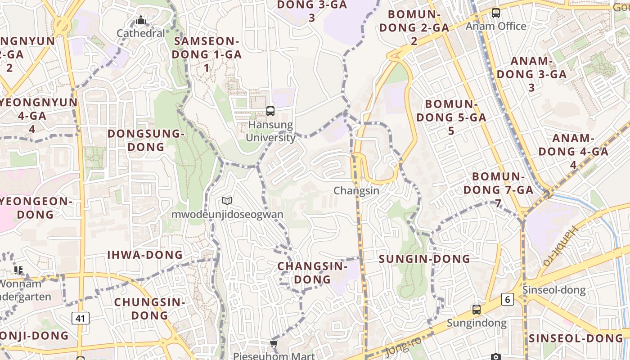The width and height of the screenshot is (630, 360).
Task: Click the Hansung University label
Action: (x=270, y=131)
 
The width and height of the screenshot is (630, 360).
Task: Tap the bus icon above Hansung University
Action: (x=270, y=111)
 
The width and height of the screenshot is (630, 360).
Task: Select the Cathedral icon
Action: (x=141, y=20)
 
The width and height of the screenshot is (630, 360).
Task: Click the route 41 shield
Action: (x=80, y=319)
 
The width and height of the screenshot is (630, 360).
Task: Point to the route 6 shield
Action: (x=508, y=299)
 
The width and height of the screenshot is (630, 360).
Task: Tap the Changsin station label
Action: (x=356, y=191)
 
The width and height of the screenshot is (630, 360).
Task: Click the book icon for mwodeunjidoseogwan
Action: (x=227, y=201)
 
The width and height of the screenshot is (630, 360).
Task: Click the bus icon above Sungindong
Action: (x=477, y=310)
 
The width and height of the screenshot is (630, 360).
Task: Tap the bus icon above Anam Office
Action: (x=496, y=13)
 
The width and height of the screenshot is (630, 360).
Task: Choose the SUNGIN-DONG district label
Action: (x=424, y=259)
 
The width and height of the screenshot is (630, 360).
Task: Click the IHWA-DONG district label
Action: (x=145, y=255)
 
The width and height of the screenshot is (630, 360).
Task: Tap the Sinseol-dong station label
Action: (x=554, y=290)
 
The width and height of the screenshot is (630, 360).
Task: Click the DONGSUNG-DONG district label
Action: (x=146, y=140)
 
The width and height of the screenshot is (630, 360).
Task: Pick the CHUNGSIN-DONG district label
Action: (x=149, y=309)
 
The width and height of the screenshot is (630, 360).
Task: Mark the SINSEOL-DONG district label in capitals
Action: (x=576, y=338)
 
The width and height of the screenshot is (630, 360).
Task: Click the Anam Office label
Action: (x=496, y=26)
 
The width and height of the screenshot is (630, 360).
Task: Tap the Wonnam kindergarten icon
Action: (x=18, y=270)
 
